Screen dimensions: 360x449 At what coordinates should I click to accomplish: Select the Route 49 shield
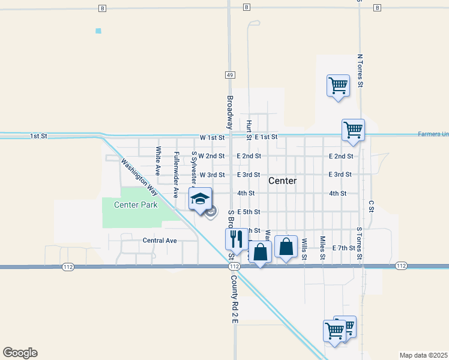230,75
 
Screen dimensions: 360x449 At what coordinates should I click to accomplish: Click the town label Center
282,181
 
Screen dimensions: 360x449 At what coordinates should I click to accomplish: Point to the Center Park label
136,205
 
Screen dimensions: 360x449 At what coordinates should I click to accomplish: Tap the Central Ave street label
160,241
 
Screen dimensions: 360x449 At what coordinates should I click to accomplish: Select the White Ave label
158,161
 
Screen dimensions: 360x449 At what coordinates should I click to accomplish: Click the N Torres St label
360,70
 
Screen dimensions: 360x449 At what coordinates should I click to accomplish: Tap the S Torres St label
360,244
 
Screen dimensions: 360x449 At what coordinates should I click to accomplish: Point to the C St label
372,206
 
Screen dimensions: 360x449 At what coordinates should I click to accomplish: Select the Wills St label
304,248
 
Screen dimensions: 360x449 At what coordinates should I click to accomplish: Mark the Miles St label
322,247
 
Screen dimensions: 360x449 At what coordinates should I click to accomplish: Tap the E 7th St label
343,248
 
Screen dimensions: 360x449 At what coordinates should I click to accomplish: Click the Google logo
20,353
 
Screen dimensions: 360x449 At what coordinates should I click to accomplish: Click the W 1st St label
212,137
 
